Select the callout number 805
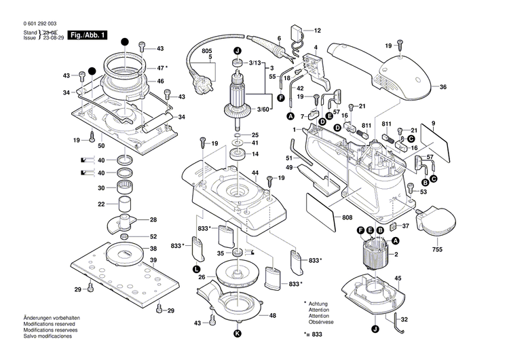(x=207, y=52)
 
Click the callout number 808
(x=347, y=217)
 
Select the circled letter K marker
(x=238, y=334)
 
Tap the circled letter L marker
(x=196, y=270)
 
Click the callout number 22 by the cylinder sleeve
(x=101, y=204)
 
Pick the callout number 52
(x=153, y=236)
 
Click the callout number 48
(x=272, y=316)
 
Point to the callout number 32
(x=404, y=319)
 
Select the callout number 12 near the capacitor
(x=317, y=31)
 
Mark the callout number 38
(x=153, y=249)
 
